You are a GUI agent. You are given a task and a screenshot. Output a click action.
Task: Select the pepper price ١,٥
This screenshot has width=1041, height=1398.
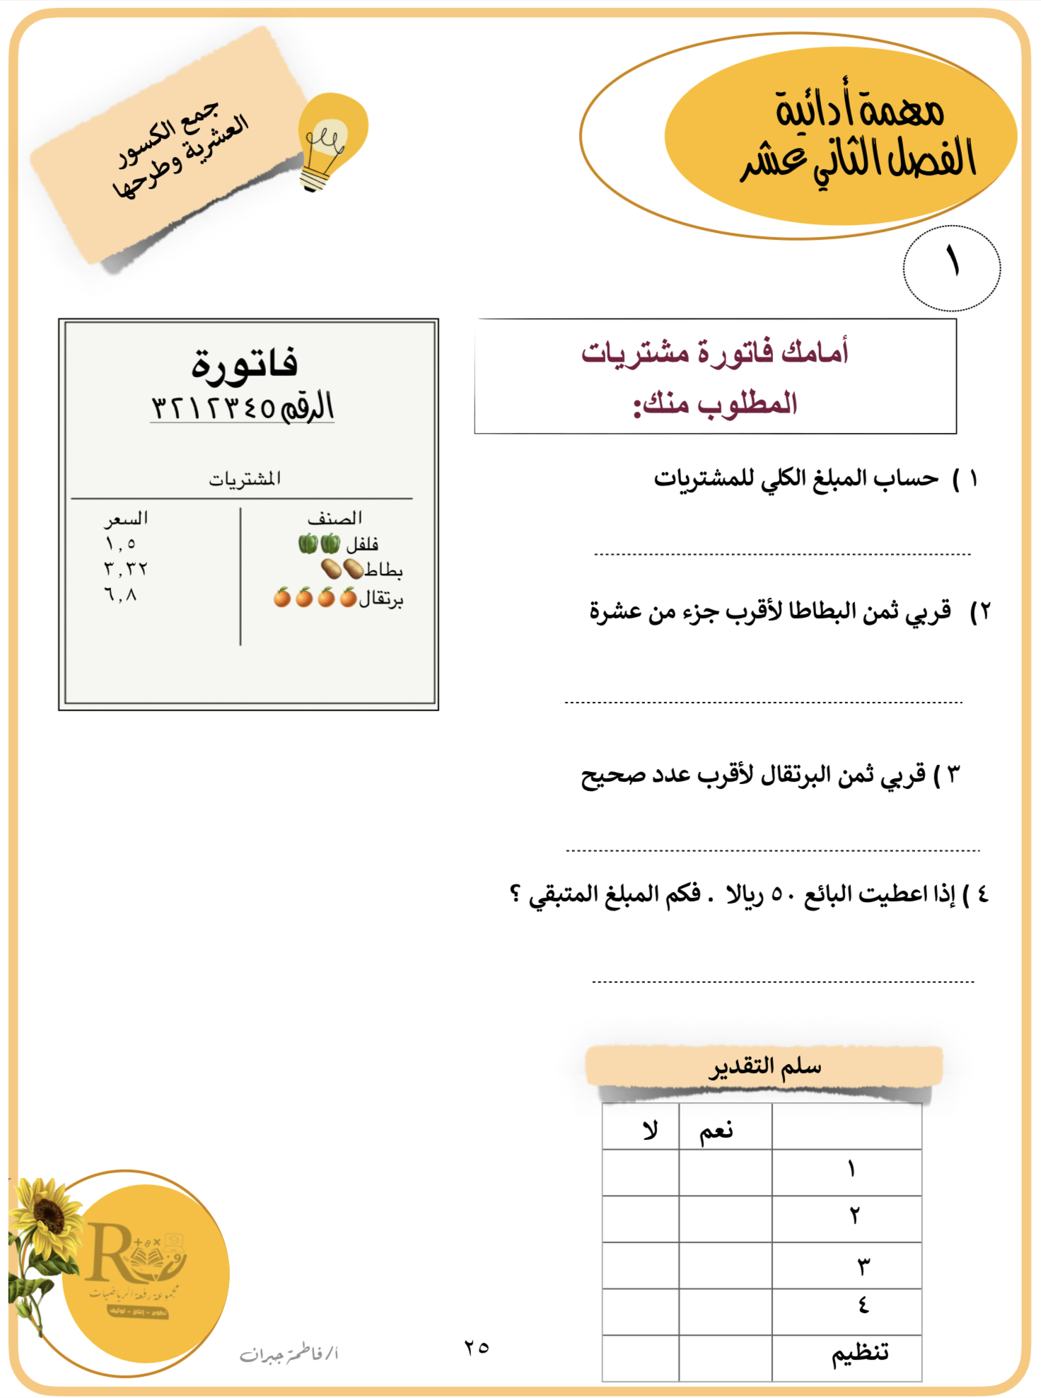click(120, 544)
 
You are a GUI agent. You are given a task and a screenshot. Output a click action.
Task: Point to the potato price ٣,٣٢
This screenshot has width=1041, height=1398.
click(125, 569)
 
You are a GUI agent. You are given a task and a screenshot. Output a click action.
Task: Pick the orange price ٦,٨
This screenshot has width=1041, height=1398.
click(120, 595)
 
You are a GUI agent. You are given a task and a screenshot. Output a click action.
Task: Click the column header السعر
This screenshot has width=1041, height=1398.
click(126, 519)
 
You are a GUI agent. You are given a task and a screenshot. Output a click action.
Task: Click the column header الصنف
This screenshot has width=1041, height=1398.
click(335, 519)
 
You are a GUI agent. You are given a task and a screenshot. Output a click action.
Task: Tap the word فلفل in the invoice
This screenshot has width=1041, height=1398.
click(362, 544)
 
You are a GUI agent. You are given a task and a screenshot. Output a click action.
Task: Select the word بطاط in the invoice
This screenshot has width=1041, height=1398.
click(383, 570)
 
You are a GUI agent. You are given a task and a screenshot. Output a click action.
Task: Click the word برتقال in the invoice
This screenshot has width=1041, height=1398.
click(380, 599)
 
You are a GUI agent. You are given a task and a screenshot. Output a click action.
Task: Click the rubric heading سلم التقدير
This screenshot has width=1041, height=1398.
click(765, 1066)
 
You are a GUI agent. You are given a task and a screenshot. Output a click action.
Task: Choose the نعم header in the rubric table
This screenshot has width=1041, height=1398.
click(716, 1131)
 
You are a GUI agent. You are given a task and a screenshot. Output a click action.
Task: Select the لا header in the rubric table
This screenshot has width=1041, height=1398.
click(649, 1130)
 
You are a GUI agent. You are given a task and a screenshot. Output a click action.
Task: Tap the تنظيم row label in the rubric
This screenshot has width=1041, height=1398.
click(859, 1353)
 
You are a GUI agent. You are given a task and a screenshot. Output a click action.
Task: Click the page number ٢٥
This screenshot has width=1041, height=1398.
click(477, 1347)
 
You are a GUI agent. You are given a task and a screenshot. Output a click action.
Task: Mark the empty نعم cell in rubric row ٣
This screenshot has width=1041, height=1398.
click(725, 1266)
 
